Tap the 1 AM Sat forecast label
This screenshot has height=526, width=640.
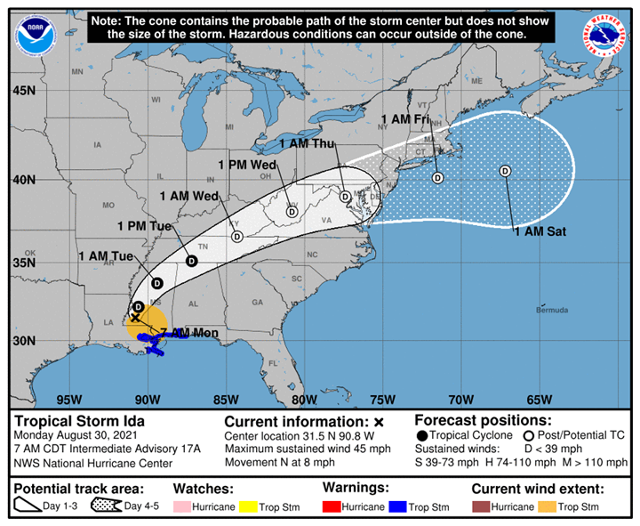click(x=540, y=232)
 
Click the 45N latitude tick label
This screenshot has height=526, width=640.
click(x=24, y=91)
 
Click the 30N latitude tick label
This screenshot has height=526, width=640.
click(x=24, y=341)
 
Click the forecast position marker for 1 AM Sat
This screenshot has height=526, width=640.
click(x=505, y=171)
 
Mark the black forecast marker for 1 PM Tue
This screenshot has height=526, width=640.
click(x=191, y=261)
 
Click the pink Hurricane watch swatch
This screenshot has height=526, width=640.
click(x=180, y=507)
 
